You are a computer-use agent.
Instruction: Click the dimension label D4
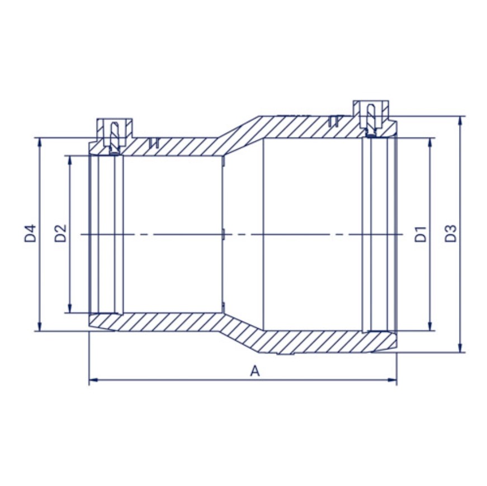[30, 233]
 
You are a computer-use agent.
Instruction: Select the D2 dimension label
[60, 233]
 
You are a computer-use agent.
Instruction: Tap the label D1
[421, 234]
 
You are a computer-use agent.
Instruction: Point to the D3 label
[451, 233]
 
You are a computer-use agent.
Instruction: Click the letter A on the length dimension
[254, 371]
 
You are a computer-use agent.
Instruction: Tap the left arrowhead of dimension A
[93, 379]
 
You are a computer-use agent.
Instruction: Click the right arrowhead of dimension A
[393, 379]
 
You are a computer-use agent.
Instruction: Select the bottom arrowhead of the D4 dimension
[40, 327]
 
